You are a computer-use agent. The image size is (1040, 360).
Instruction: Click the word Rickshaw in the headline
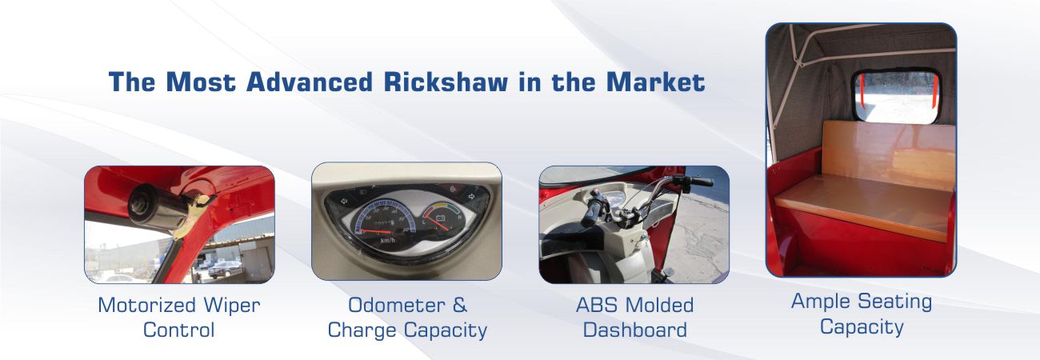pos(446,82)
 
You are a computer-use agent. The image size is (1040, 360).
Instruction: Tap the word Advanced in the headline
pos(310,82)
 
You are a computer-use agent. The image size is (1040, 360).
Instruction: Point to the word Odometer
pos(397,305)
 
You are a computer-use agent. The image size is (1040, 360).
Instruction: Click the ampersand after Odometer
pos(460,305)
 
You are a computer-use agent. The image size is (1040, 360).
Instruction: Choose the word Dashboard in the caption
pos(634,330)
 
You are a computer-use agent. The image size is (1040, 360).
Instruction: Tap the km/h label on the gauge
pos(387,240)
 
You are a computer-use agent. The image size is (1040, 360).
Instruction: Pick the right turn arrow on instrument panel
pos(470,197)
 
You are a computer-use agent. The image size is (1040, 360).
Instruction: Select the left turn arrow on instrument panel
pos(344,201)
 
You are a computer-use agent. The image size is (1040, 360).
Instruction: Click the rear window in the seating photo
pos(897,97)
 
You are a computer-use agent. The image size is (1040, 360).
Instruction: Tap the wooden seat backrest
pos(888,155)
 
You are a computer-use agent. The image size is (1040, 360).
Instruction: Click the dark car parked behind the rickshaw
pos(225,269)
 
